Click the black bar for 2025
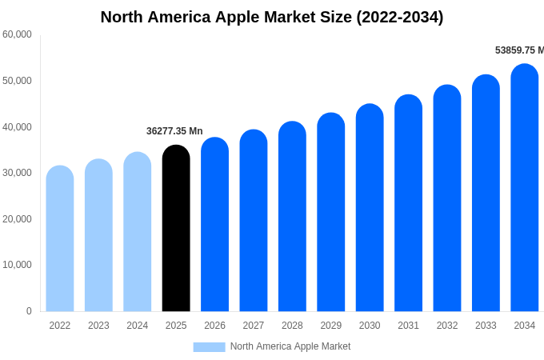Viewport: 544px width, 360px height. (176, 229)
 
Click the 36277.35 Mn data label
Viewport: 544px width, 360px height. (174, 131)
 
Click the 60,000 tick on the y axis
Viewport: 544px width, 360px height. (17, 34)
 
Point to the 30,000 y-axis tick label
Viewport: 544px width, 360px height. (17, 173)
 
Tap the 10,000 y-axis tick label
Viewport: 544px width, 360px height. (17, 265)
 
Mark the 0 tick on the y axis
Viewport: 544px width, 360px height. (29, 311)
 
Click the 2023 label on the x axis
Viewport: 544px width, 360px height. (98, 326)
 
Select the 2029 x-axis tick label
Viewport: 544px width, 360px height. (330, 326)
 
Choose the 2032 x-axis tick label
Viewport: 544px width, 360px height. (447, 326)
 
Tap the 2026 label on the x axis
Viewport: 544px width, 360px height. (214, 326)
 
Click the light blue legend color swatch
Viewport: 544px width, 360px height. (209, 347)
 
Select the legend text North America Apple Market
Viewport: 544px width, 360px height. (290, 346)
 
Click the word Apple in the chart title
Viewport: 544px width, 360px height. (241, 17)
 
